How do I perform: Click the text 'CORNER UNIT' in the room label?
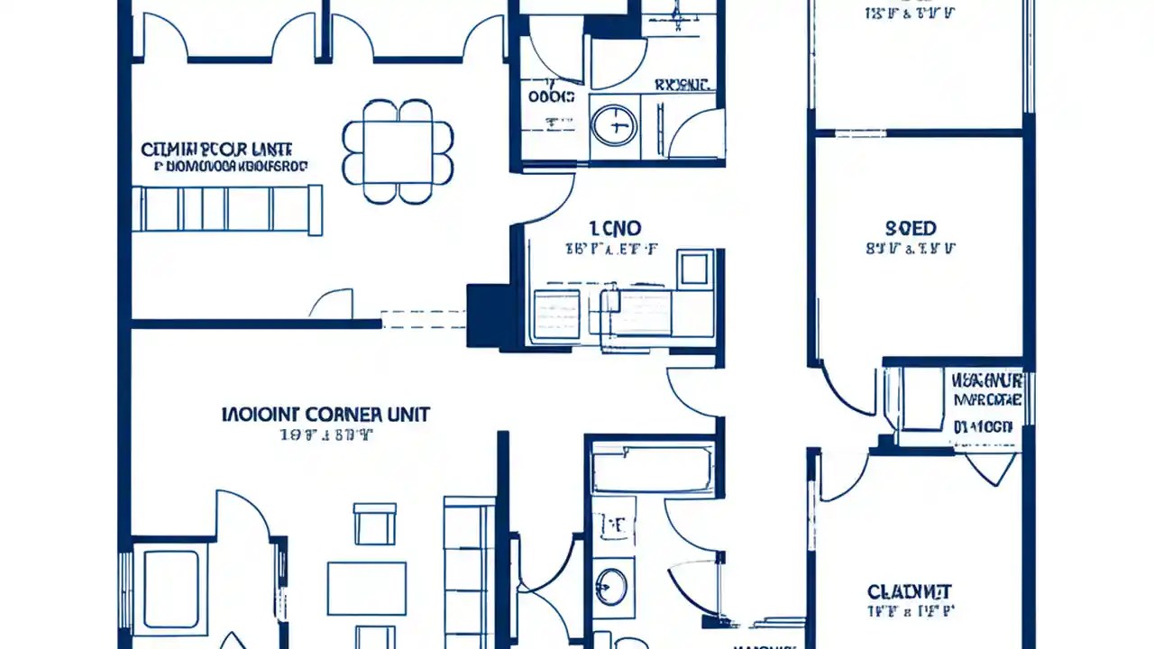click(x=368, y=415)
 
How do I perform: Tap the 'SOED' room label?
click(x=911, y=229)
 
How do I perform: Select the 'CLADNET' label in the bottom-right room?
click(x=910, y=592)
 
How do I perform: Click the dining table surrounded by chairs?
click(x=398, y=151)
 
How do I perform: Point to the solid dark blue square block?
click(x=488, y=315)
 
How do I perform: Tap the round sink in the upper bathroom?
click(x=614, y=126)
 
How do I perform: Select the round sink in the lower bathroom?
click(x=612, y=586)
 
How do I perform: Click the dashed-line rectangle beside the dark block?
click(x=423, y=319)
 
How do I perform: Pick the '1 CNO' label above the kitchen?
click(x=614, y=228)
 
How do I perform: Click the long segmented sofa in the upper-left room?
click(x=227, y=209)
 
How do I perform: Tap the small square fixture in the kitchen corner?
click(x=694, y=269)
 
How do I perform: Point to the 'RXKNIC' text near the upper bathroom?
click(x=683, y=86)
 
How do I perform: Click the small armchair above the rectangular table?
click(x=374, y=524)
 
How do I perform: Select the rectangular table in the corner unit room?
click(x=367, y=588)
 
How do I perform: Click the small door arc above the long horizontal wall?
click(x=331, y=304)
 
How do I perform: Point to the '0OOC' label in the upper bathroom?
click(x=551, y=96)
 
